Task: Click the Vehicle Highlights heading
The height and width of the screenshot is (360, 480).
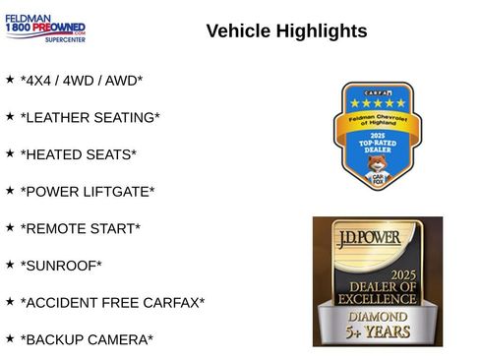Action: click(286, 31)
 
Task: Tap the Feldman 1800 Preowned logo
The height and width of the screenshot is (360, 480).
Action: click(44, 29)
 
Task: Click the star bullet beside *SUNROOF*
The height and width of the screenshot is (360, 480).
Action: click(10, 263)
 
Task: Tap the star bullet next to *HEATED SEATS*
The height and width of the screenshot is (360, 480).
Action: click(10, 151)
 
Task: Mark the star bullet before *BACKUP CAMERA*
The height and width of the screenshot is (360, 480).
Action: click(10, 336)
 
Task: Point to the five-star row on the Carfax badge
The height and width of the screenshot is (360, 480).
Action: click(374, 102)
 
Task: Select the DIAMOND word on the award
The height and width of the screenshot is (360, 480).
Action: click(377, 317)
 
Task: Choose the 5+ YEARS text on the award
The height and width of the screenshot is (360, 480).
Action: click(377, 335)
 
